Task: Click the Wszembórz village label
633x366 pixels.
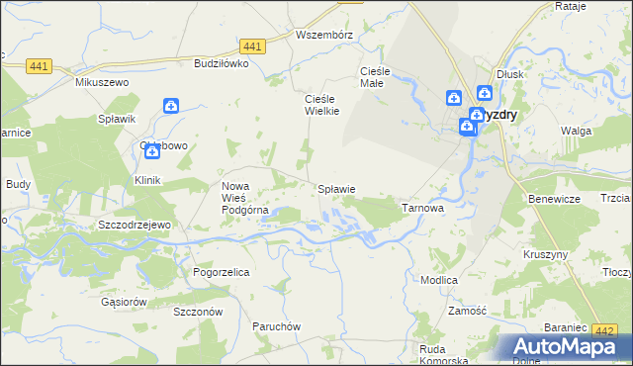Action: [x=324, y=34]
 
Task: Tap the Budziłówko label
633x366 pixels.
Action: [x=221, y=62]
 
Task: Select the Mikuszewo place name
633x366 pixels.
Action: [x=103, y=82]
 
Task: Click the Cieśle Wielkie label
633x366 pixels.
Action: [x=321, y=105]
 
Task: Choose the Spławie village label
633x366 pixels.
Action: [x=335, y=188]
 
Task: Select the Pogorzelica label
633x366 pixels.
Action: [x=221, y=271]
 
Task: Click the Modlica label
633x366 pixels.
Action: [x=438, y=280]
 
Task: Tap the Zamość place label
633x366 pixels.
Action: [x=467, y=310]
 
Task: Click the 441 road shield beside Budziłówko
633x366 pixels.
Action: [x=251, y=46]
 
